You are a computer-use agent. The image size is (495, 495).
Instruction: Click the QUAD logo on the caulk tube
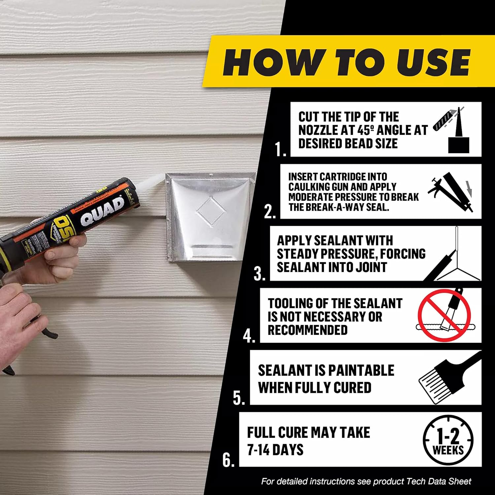click(103, 212)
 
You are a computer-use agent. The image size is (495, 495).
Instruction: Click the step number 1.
click(280, 149)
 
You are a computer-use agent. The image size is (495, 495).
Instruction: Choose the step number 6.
click(228, 460)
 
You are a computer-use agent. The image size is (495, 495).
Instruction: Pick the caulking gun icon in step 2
click(451, 191)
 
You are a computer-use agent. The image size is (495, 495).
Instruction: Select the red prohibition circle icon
click(444, 315)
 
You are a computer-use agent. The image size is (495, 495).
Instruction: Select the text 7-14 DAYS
click(275, 450)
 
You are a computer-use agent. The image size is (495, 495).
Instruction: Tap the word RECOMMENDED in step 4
click(308, 330)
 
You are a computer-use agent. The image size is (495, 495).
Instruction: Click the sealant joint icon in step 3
click(452, 261)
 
